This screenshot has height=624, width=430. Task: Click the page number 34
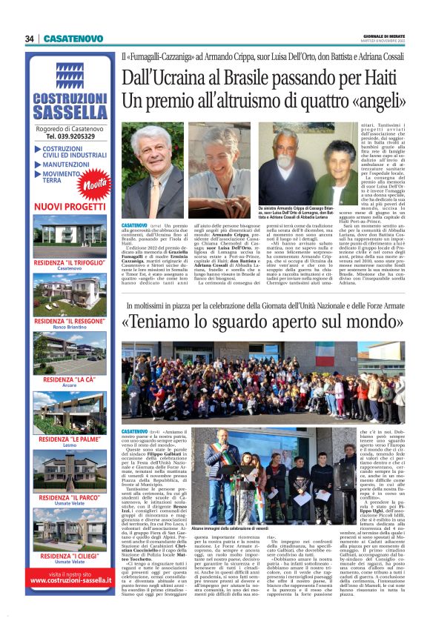pos(29,39)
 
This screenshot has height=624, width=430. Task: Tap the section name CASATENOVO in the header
pos(73,39)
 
